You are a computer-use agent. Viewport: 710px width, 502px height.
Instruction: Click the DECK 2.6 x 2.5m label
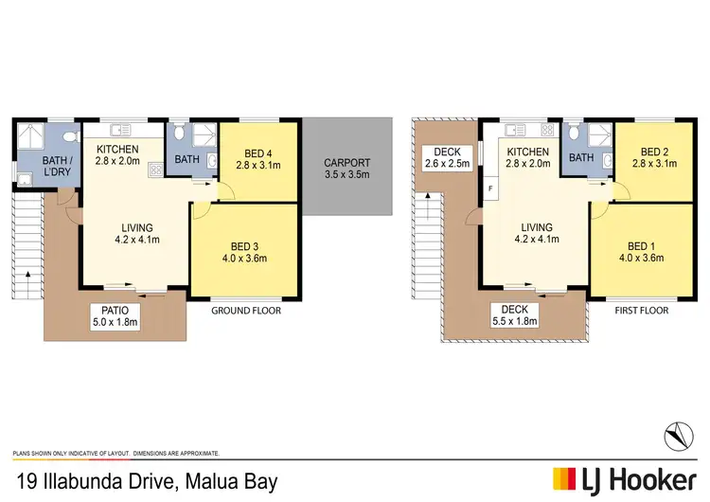[446, 159]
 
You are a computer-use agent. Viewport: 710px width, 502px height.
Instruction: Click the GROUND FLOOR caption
[246, 311]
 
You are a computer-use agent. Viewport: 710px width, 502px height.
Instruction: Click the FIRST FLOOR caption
[642, 311]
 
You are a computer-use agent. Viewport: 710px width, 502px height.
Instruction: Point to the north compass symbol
[680, 434]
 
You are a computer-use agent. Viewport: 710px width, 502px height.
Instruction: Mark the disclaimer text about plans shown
[115, 454]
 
